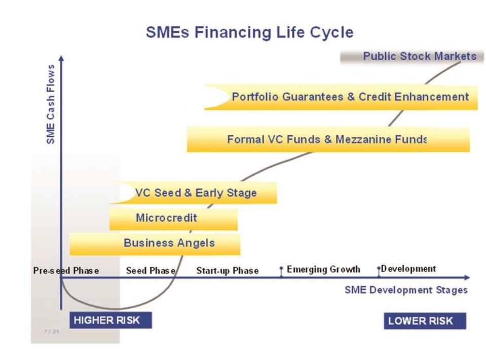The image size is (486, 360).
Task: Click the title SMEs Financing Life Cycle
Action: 249,32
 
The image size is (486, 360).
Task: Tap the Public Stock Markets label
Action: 420,56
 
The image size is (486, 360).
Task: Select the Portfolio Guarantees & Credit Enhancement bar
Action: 341,97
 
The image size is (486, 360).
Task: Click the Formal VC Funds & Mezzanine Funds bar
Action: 328,139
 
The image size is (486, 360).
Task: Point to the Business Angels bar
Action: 155,244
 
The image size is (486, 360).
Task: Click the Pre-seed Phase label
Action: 66,270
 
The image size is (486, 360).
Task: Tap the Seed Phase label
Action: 151,270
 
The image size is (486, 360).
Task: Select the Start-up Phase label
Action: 228,271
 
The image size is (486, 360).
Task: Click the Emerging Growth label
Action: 324,269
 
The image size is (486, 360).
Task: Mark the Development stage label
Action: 408,269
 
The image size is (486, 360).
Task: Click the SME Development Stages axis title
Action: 406,290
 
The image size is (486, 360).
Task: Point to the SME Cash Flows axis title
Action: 51,104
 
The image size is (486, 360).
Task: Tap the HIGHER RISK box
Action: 110,320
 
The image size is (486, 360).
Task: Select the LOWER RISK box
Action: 425,321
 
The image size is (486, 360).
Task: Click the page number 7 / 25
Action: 52,332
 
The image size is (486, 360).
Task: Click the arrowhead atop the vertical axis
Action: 61,58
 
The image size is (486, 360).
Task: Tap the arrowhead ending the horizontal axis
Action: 467,277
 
